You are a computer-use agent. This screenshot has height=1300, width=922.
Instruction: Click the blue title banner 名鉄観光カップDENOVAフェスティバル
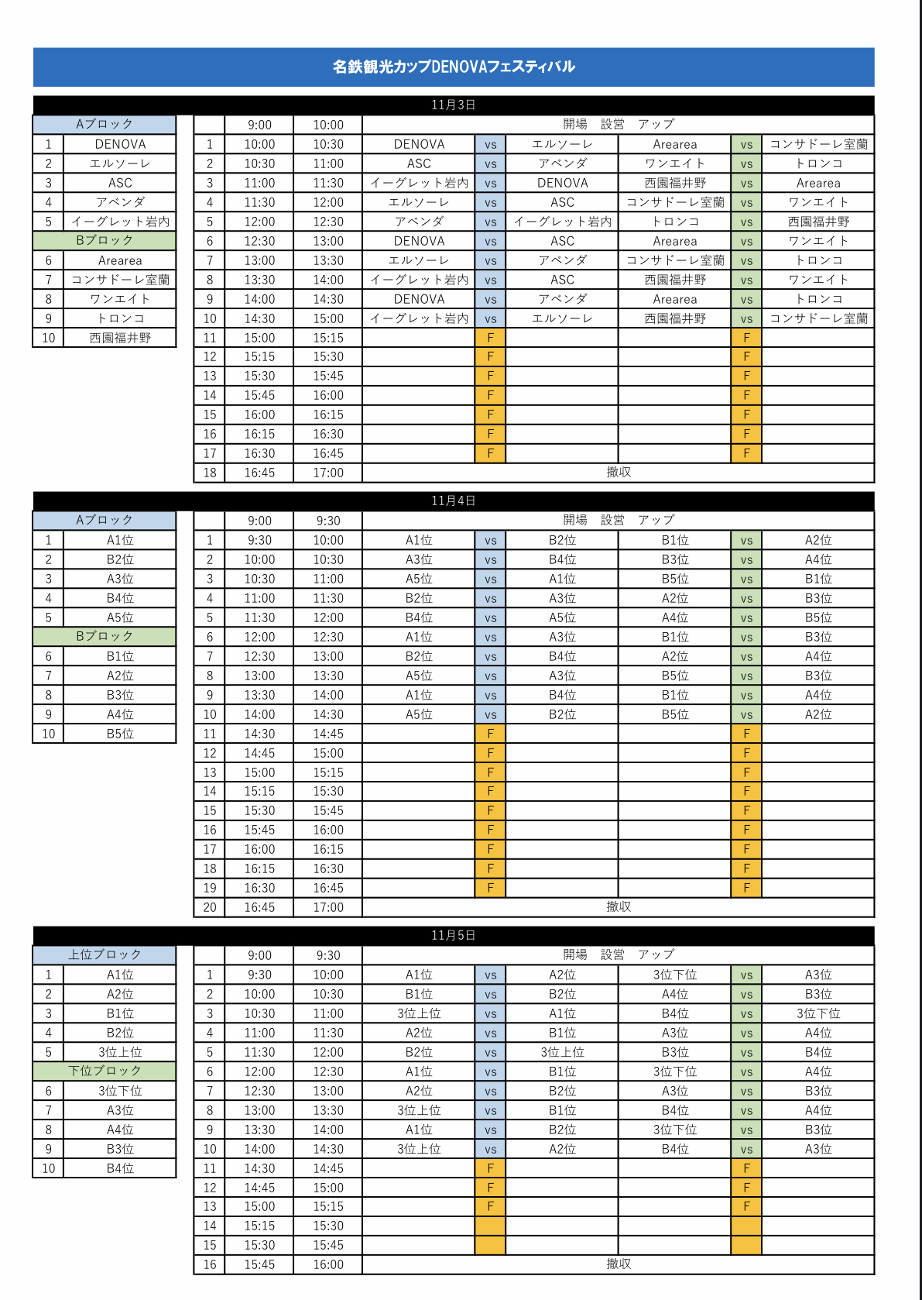click(x=454, y=67)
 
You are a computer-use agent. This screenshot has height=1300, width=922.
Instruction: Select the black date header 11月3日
click(x=454, y=105)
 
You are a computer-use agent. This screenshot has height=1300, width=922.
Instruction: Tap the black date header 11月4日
click(x=454, y=500)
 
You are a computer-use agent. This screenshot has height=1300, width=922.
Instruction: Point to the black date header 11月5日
click(x=454, y=935)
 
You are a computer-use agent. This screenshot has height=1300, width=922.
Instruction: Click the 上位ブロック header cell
click(x=105, y=954)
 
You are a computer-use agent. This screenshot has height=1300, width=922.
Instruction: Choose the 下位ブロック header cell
click(x=105, y=1071)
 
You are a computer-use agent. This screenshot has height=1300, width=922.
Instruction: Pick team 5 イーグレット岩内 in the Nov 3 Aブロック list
click(x=120, y=222)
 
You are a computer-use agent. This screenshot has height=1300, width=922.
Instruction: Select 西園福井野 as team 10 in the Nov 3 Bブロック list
click(x=120, y=338)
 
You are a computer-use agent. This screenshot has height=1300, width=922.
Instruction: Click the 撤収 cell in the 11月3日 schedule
click(x=618, y=473)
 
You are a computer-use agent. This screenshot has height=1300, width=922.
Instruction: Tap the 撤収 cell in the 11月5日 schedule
click(x=618, y=1264)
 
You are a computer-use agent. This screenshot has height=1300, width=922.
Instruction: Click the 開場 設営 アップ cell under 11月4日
click(x=618, y=520)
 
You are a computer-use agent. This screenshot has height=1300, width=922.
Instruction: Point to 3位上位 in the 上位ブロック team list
click(x=120, y=1052)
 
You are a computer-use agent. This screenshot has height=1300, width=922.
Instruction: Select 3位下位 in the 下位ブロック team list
click(x=120, y=1091)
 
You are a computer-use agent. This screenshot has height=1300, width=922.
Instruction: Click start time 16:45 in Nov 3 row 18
click(x=259, y=473)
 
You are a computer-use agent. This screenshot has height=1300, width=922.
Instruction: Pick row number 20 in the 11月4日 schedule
click(x=210, y=907)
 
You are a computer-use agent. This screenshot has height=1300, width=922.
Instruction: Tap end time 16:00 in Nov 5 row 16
click(x=328, y=1264)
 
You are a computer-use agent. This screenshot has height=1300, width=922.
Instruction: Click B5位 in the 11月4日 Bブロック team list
click(x=120, y=734)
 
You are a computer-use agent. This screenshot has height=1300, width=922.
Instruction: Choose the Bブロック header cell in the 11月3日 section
click(x=105, y=240)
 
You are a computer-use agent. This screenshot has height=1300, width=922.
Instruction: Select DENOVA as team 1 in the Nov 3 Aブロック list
click(x=120, y=144)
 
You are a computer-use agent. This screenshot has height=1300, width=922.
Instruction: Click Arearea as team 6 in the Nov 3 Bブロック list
click(x=120, y=260)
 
